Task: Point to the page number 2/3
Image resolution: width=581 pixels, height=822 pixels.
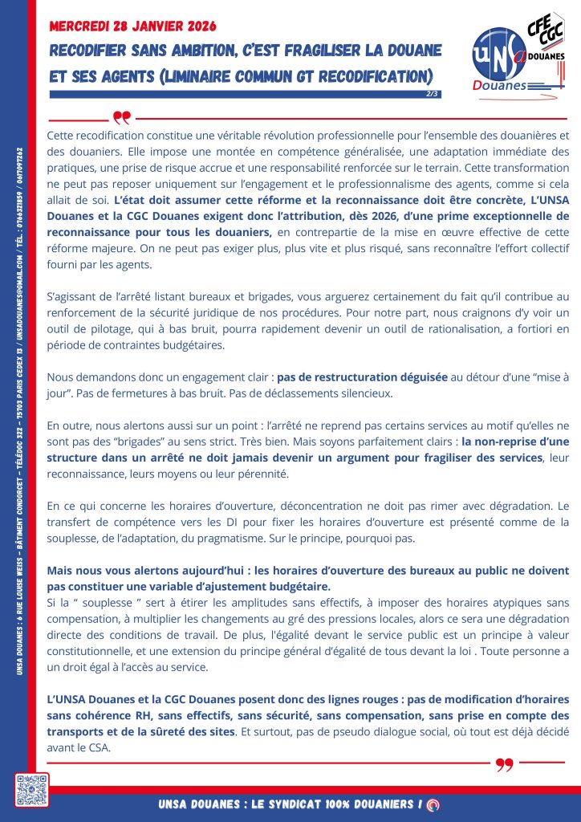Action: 433,94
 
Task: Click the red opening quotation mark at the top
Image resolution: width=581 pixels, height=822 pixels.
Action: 121,119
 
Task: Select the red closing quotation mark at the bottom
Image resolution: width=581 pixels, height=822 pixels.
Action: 504,764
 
